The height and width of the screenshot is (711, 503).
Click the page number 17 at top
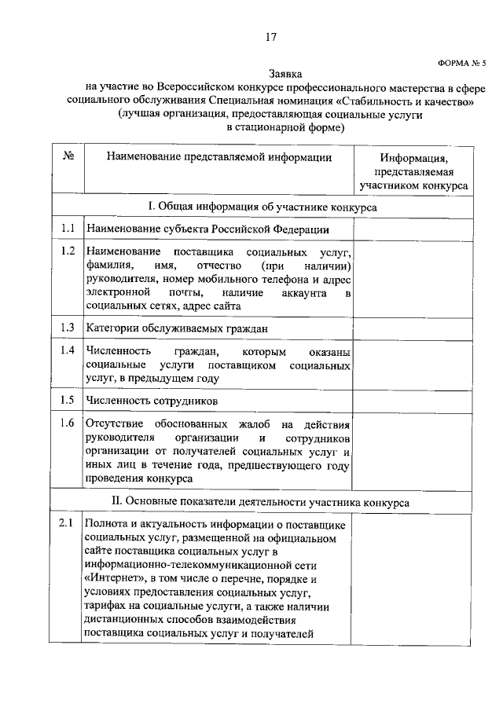point(270,37)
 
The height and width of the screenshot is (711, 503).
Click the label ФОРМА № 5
point(461,62)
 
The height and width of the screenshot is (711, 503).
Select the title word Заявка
point(270,73)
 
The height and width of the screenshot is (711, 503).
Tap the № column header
point(68,157)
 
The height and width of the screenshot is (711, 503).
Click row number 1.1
point(68,229)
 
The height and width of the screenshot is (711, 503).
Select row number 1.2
point(68,251)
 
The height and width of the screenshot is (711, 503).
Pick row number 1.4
point(68,350)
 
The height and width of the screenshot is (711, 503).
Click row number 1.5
point(68,400)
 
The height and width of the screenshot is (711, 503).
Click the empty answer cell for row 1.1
point(413,229)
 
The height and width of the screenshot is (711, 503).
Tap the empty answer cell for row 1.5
point(413,400)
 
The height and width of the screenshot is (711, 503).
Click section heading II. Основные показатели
point(263,500)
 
